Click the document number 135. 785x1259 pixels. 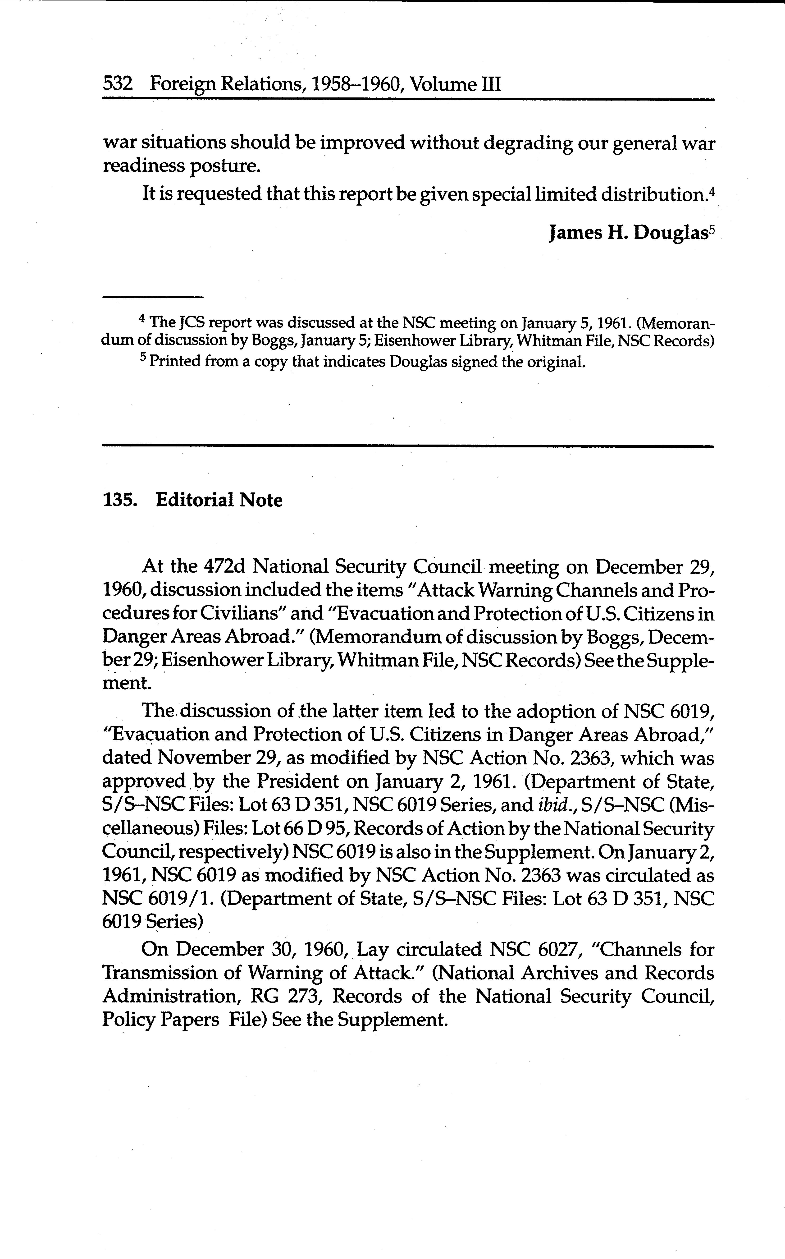pos(120,500)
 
